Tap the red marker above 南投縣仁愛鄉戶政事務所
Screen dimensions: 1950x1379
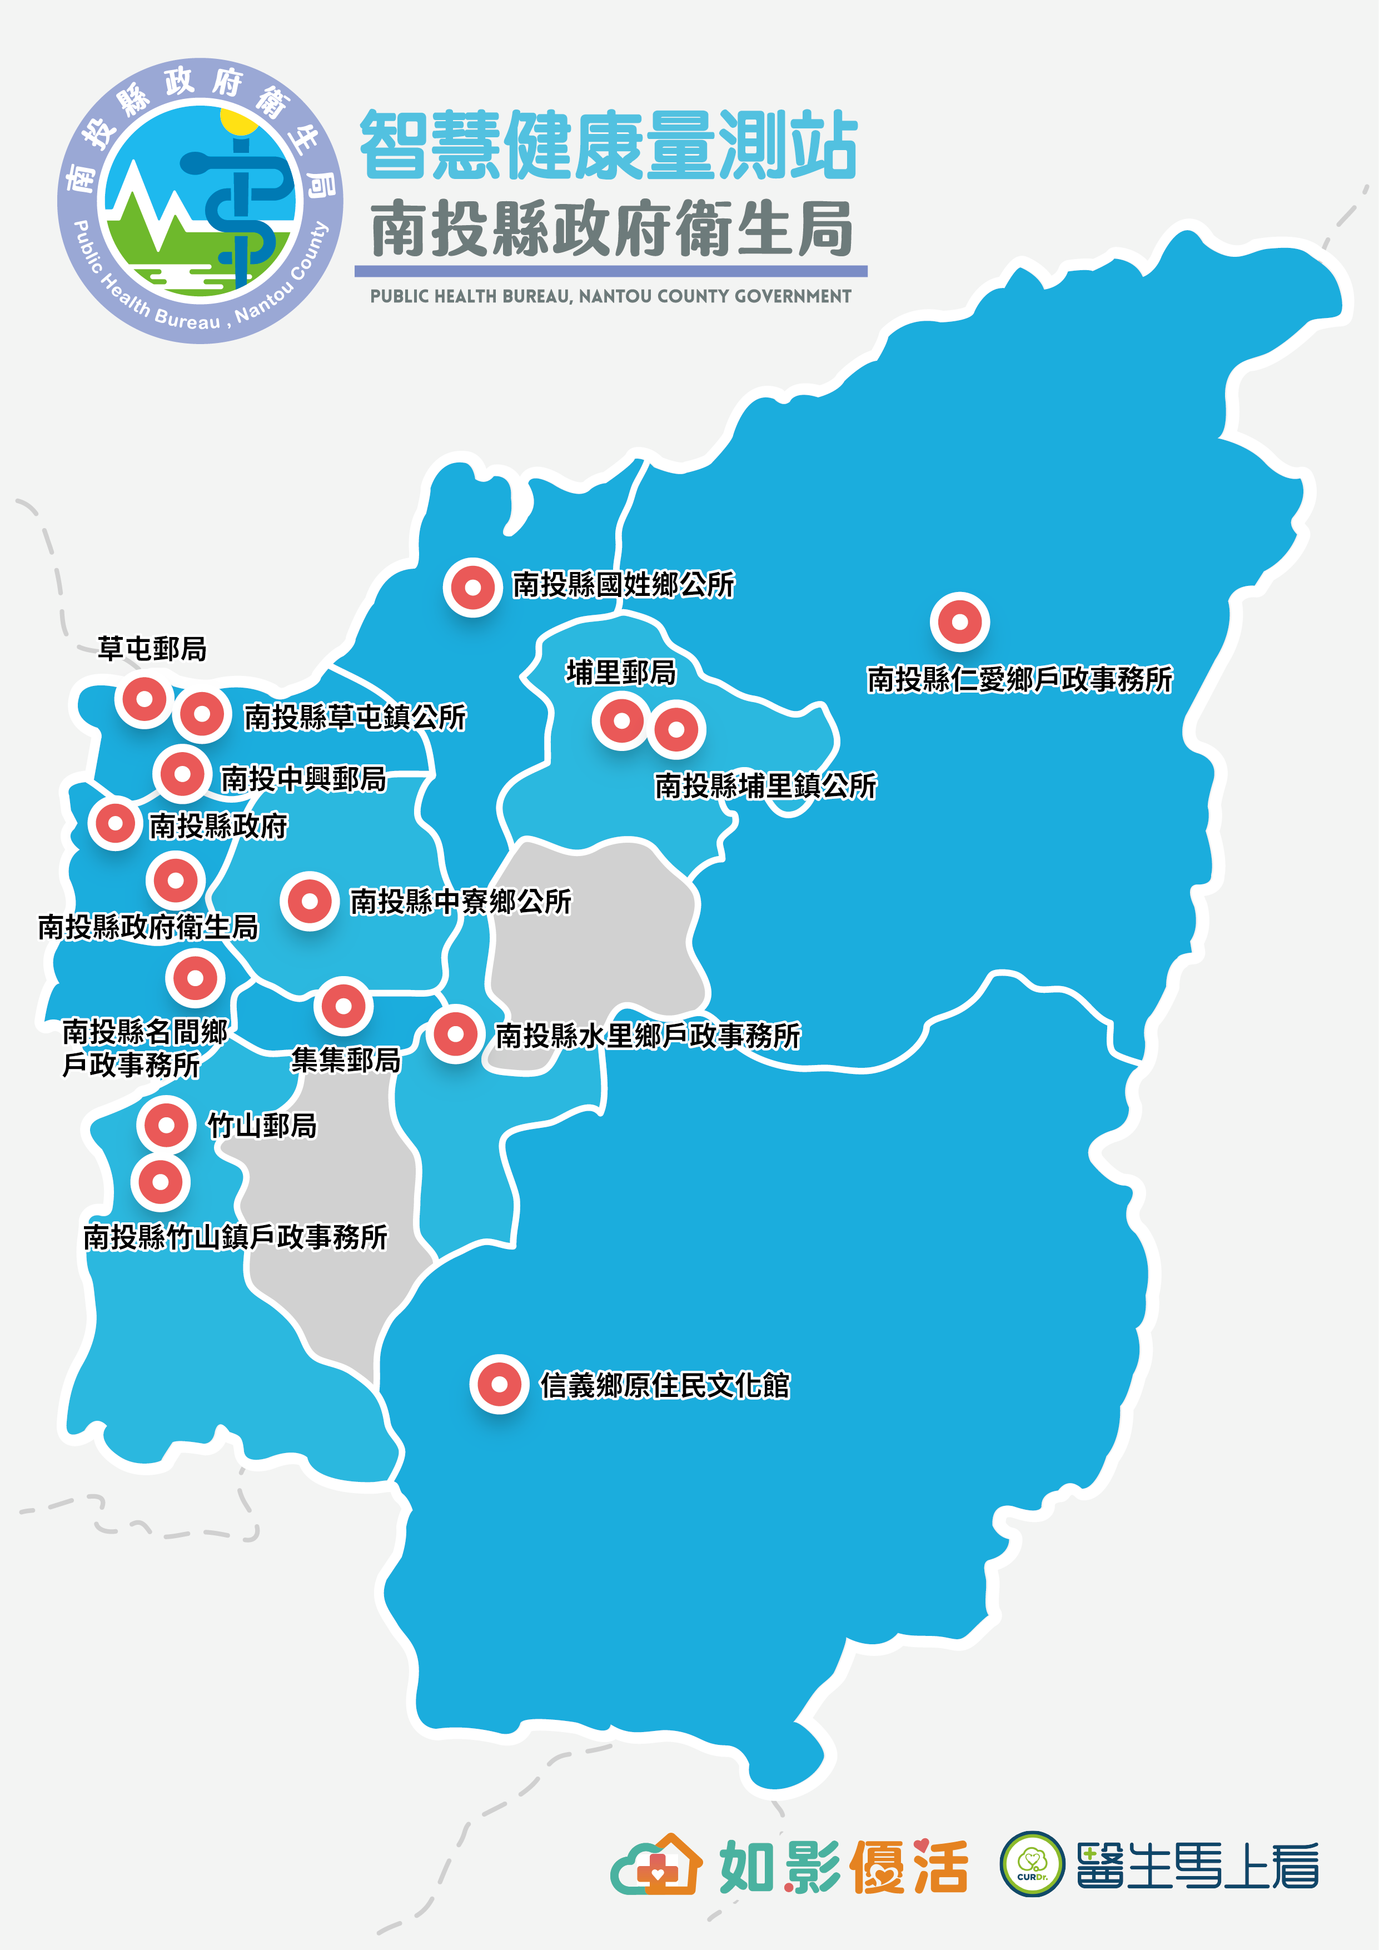[959, 621]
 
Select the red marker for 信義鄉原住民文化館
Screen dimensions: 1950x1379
[499, 1384]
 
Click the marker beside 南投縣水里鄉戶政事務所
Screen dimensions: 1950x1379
[455, 1033]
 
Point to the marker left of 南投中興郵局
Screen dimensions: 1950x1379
[182, 774]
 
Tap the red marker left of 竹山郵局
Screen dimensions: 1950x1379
[166, 1125]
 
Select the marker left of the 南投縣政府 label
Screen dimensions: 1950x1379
[114, 823]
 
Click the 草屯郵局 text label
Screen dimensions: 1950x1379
[152, 649]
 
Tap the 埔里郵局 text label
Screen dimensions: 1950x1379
[621, 673]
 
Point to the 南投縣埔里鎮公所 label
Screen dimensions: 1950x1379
[765, 785]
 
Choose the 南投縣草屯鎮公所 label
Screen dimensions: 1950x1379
[355, 718]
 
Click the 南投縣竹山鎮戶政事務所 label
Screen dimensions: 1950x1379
[235, 1237]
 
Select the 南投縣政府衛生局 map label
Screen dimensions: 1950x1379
[148, 927]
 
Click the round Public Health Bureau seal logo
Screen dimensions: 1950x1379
[201, 201]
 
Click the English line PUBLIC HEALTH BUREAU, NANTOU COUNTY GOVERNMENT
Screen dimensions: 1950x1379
[610, 296]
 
